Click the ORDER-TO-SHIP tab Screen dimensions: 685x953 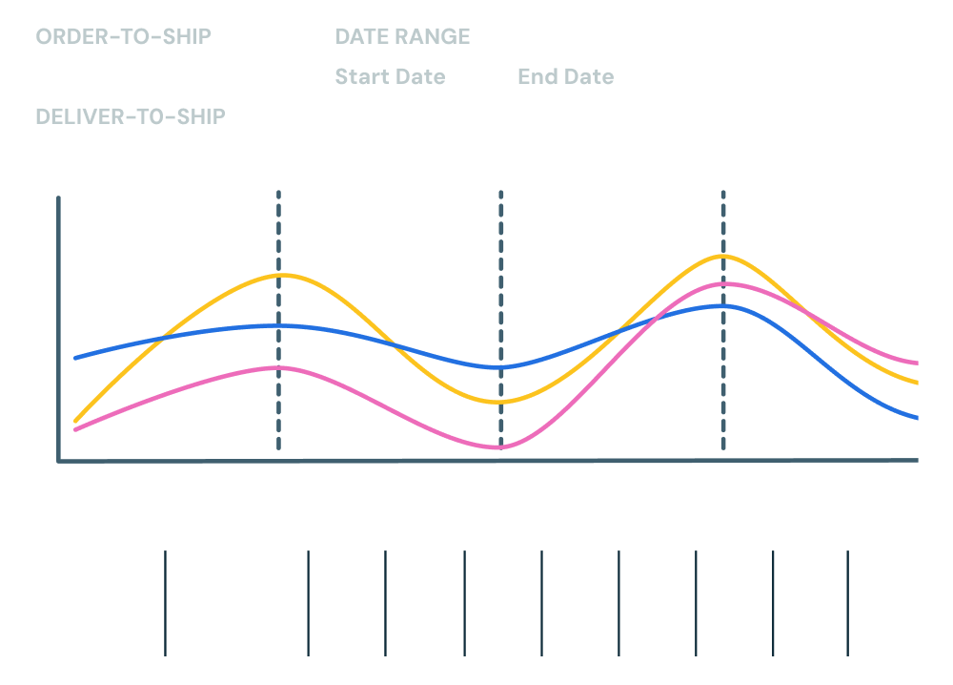[x=123, y=36]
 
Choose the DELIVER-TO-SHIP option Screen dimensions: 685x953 [x=130, y=116]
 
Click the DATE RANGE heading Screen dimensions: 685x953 [x=402, y=36]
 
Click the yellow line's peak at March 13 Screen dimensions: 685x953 [x=722, y=256]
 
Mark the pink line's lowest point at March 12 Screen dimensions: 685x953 [x=500, y=446]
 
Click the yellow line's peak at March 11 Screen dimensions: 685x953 [x=279, y=275]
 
